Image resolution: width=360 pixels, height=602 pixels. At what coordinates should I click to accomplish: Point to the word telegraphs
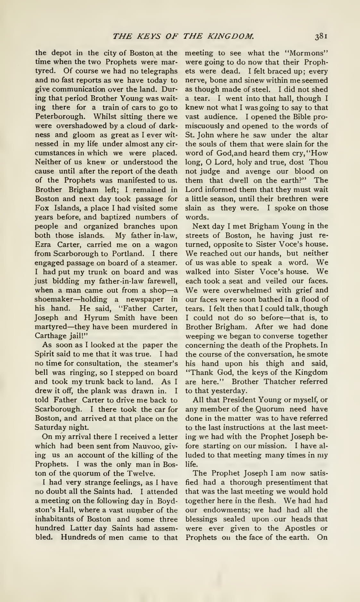pos(157,71)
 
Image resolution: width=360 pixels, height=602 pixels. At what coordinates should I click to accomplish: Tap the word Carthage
pos(49,336)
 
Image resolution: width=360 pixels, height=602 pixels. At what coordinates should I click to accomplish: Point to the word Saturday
pos(50,428)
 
